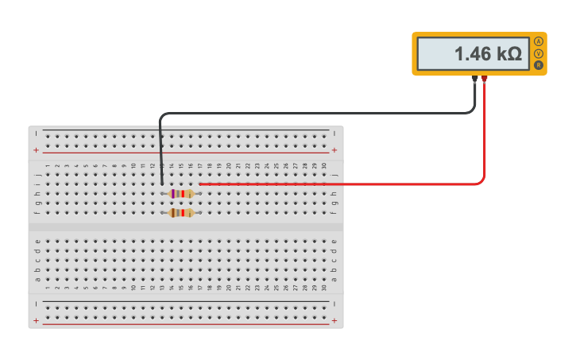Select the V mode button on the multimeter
point(539,53)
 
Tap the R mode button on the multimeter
point(539,64)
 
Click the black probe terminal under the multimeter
point(475,79)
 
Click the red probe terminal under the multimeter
point(485,79)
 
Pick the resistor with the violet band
point(182,194)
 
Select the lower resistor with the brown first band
point(182,213)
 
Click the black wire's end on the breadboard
point(162,184)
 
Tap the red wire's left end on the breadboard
point(200,184)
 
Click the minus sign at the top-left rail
point(36,133)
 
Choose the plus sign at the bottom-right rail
point(334,321)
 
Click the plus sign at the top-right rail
point(334,149)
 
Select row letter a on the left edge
point(37,279)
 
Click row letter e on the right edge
point(334,241)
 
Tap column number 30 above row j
point(324,165)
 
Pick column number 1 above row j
point(47,165)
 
